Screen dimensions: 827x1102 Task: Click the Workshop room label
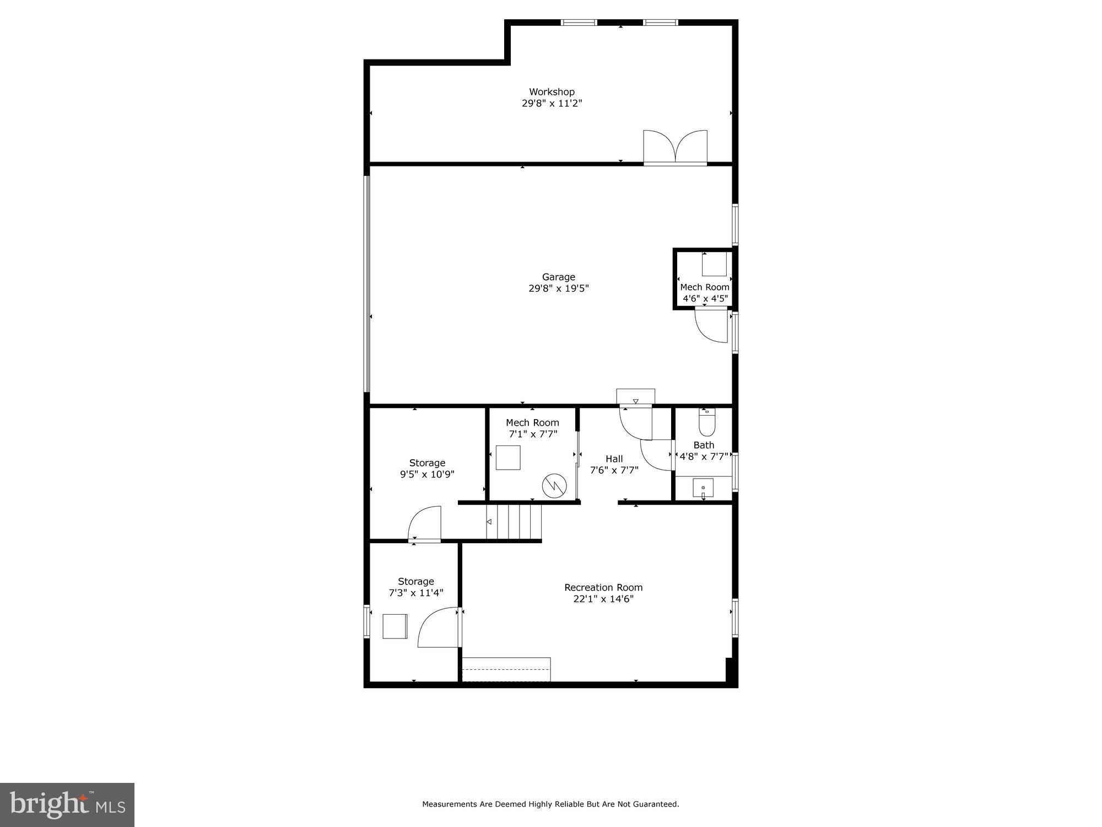[552, 92]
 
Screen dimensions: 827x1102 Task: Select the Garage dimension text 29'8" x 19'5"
[558, 288]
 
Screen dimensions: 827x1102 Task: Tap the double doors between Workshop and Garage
[676, 148]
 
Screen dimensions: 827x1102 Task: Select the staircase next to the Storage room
[514, 522]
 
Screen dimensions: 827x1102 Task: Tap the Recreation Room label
[603, 588]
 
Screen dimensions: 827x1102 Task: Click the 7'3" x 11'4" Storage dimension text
[416, 593]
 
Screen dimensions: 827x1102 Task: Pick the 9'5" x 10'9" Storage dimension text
[427, 474]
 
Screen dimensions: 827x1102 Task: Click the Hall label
[614, 459]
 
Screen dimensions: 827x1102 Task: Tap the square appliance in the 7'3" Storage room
[395, 626]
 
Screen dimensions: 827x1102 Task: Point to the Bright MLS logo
[67, 805]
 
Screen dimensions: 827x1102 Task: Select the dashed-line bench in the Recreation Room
[506, 669]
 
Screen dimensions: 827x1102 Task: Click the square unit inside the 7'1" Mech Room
[507, 458]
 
